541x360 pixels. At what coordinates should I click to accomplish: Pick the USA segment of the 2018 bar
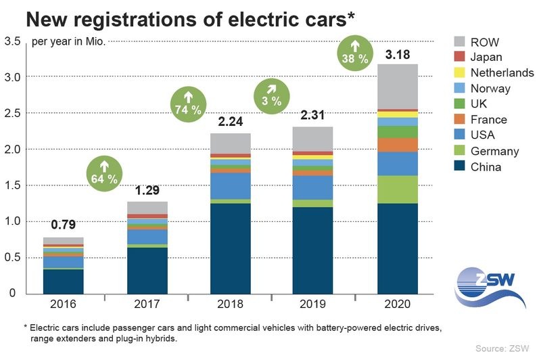[231, 185]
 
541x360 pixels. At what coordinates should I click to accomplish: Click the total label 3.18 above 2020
[390, 53]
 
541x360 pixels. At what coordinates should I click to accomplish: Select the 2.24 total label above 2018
[231, 123]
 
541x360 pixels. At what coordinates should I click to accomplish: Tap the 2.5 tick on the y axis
[13, 113]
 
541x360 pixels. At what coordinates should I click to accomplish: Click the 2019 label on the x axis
[310, 304]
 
